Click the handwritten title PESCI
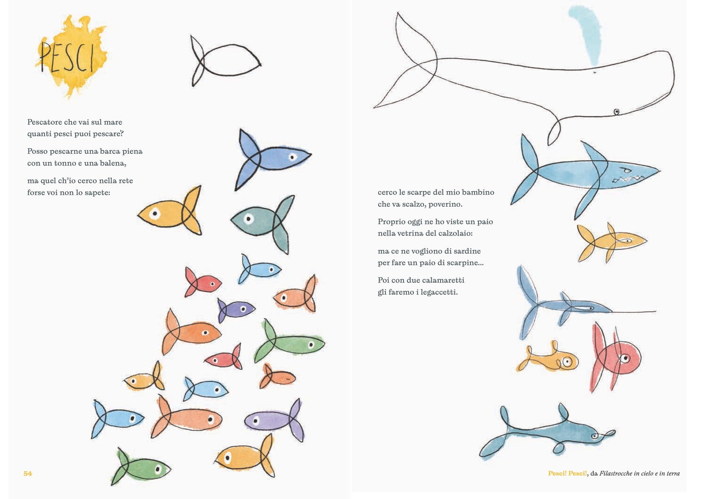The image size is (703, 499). tap(67, 57)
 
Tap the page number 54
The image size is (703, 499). tap(28, 473)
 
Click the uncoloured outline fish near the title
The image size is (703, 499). tap(225, 61)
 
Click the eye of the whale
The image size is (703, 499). tap(616, 112)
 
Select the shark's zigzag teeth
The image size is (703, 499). tap(627, 179)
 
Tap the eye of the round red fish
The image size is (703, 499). tap(625, 358)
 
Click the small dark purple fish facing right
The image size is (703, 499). tap(236, 310)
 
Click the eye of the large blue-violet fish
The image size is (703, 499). tap(293, 157)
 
